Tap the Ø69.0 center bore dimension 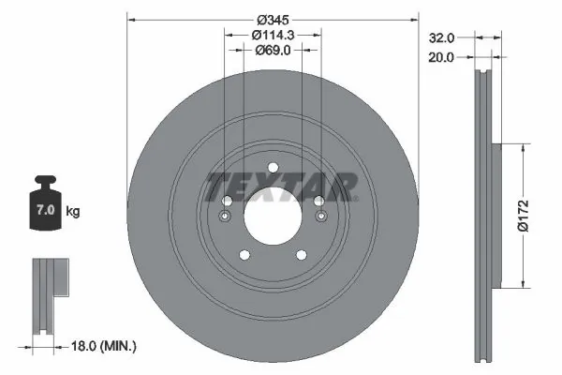[x=273, y=52]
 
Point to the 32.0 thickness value [x=441, y=38]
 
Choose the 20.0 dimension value [x=441, y=57]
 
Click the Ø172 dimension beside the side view [x=530, y=215]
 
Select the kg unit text [x=72, y=212]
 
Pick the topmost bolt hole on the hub [x=273, y=170]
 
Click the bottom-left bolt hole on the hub [x=244, y=254]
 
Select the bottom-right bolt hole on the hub [x=302, y=254]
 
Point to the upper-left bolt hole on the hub [x=226, y=201]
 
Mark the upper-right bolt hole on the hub [x=319, y=201]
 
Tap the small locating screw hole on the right [x=322, y=217]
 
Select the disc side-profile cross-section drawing [x=484, y=215]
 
